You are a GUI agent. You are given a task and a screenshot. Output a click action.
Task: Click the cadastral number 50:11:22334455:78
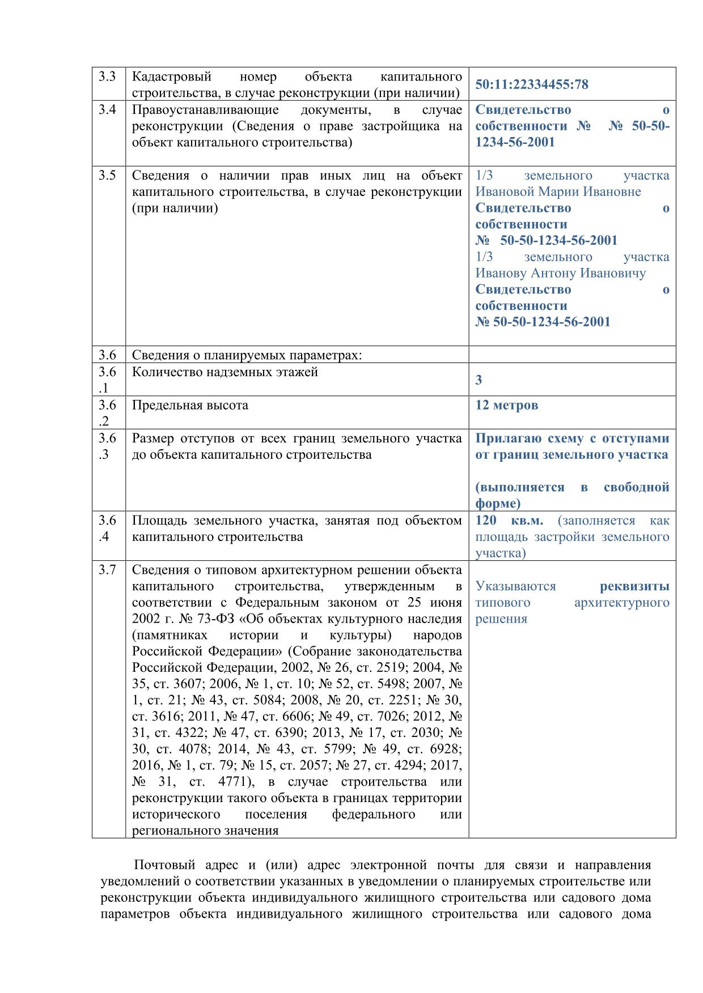531,85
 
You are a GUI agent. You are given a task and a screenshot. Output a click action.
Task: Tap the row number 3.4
107,110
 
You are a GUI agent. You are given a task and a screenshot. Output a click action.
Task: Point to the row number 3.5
107,176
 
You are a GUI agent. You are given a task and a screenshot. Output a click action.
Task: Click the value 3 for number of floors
478,380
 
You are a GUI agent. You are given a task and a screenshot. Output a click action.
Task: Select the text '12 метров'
506,406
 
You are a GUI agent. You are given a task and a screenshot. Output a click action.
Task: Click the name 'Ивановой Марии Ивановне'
558,192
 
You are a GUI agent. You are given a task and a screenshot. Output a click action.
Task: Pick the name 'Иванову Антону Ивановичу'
560,274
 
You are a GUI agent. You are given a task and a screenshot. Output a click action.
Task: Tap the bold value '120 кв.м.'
509,521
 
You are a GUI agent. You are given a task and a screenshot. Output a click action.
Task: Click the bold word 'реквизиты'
634,586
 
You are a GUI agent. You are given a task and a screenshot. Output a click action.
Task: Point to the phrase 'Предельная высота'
190,406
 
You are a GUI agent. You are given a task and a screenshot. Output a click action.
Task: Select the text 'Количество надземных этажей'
225,373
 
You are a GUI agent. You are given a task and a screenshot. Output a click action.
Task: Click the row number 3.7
107,570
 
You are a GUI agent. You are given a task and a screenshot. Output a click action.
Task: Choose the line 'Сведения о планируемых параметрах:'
247,356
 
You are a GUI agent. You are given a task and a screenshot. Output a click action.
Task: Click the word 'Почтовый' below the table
164,865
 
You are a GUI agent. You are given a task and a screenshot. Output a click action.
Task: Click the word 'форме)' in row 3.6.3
497,504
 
